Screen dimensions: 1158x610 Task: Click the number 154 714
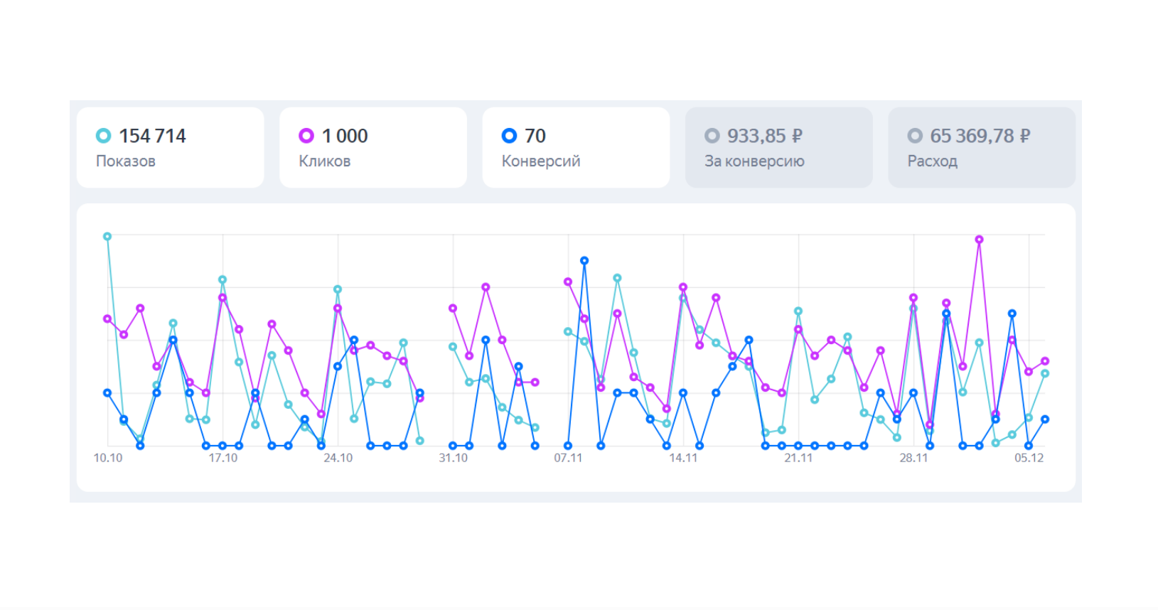coord(153,136)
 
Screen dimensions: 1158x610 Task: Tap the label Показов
coord(126,161)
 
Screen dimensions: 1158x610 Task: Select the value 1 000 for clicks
coord(345,136)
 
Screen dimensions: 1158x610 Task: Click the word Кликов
coord(325,161)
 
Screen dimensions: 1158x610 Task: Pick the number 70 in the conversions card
coord(535,136)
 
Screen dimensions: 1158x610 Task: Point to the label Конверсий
coord(541,161)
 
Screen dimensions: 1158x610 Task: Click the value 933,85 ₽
coord(765,136)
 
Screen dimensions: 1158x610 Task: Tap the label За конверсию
coord(754,161)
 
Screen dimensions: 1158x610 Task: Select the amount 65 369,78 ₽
coord(980,136)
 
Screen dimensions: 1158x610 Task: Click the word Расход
coord(933,161)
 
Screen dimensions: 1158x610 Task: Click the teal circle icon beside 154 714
coord(103,136)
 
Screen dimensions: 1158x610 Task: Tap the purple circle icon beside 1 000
coord(306,136)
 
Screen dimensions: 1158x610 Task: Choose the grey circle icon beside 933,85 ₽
coord(712,136)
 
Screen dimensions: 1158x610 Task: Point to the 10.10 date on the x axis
coord(108,458)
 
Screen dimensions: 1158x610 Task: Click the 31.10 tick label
coord(454,458)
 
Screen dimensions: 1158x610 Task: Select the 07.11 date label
coord(568,458)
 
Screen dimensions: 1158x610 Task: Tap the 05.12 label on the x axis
coord(1029,458)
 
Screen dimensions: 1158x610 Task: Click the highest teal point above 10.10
coord(107,237)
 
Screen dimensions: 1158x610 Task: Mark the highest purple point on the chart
coord(979,240)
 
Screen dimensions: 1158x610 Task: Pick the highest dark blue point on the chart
coord(584,260)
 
